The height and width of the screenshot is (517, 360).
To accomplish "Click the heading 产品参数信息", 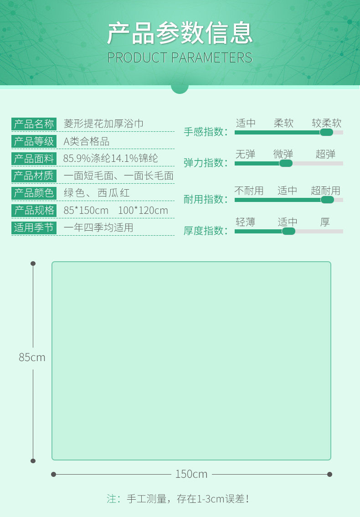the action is click(180, 33).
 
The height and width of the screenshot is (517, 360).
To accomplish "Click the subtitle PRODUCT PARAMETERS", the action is click(180, 58).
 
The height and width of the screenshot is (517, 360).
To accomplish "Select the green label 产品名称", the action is click(34, 124).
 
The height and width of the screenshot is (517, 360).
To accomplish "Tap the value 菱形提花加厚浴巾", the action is click(103, 124).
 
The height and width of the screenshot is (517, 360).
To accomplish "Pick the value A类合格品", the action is click(86, 141).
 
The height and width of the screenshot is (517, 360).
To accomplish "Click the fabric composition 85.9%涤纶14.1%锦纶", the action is click(111, 159).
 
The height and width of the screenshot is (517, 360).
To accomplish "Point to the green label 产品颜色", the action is click(34, 193).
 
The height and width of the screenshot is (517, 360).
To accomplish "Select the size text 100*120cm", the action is click(143, 210).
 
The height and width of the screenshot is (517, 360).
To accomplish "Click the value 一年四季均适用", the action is click(98, 227).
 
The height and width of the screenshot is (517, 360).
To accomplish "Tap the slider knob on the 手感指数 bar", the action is click(326, 132).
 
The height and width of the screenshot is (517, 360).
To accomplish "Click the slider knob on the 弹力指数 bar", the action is click(286, 163).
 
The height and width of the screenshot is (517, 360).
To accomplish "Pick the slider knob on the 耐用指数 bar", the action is click(327, 200).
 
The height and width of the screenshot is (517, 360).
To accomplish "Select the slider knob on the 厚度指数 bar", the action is click(288, 231).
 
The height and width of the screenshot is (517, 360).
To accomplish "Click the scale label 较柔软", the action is click(326, 123).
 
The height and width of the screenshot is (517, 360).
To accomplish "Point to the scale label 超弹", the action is click(325, 154).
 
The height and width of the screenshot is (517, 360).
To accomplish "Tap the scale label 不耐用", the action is click(249, 191).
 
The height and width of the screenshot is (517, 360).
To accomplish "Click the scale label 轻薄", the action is click(245, 222).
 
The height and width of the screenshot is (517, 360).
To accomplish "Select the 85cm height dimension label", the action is click(32, 357).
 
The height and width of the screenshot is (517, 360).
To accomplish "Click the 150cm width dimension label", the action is click(191, 474).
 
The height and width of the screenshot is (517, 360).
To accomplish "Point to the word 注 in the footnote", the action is click(111, 499).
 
